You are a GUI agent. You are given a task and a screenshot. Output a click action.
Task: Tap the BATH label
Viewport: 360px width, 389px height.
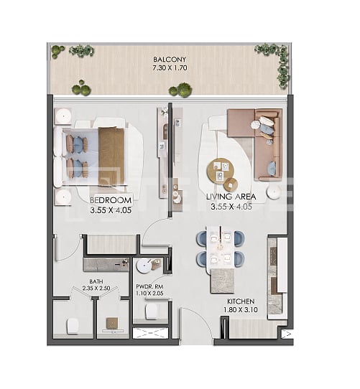[96, 281]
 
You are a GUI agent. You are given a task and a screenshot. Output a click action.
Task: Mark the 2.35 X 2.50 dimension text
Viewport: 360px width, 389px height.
[96, 289]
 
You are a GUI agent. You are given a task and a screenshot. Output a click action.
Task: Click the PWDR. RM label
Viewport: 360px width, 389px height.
[151, 286]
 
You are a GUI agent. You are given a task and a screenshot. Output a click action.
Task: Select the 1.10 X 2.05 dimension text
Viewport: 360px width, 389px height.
[151, 294]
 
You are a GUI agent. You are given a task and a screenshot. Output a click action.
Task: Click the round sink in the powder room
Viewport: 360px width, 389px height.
[149, 266]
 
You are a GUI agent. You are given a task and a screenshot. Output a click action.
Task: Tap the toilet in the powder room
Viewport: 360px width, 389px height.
[152, 310]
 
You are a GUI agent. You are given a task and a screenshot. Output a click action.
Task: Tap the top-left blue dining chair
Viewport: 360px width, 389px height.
[203, 238]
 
